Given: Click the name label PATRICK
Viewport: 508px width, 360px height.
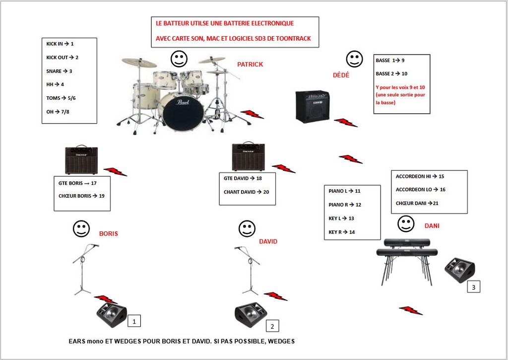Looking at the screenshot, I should [250, 64].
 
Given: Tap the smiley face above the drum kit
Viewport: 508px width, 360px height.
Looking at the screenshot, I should [179, 59].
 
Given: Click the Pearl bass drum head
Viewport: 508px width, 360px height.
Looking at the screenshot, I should [183, 112].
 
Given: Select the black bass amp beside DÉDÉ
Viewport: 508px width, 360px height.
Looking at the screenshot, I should [312, 106].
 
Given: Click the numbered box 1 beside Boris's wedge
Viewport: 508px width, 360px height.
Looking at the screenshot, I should [134, 321].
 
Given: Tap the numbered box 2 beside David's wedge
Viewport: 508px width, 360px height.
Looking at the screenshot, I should [272, 326].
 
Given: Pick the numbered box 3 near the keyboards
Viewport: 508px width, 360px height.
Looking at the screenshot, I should [473, 287].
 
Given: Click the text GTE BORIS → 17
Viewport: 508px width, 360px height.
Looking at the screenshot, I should [77, 183].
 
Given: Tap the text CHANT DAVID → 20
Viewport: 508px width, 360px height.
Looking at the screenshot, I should [246, 192].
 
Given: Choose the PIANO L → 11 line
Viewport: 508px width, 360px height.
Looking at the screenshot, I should [344, 191].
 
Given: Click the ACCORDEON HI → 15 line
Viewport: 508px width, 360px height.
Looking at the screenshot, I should [420, 176].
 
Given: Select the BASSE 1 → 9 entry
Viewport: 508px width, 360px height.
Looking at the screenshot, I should [390, 60].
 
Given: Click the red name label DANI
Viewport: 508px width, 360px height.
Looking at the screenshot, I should [432, 226].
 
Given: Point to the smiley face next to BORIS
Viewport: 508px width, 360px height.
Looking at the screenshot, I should [81, 229].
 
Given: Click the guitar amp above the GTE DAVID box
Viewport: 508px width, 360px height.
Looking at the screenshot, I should [248, 156].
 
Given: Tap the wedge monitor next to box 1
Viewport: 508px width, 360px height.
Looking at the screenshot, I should [112, 315].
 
